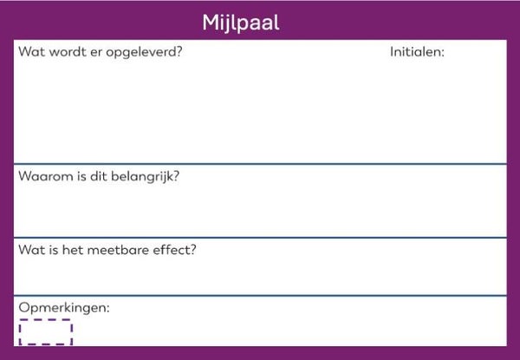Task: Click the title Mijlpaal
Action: point(241,22)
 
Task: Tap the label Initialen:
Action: point(417,52)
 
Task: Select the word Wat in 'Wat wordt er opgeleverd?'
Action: point(30,51)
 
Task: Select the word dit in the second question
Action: point(95,176)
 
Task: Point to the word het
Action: point(77,251)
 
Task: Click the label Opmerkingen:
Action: point(64,308)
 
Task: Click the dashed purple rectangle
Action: point(45,332)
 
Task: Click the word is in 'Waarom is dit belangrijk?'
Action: point(77,176)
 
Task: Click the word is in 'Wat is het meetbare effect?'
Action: point(55,251)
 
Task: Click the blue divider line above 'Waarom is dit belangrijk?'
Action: point(260,164)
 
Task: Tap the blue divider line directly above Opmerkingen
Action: point(260,296)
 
